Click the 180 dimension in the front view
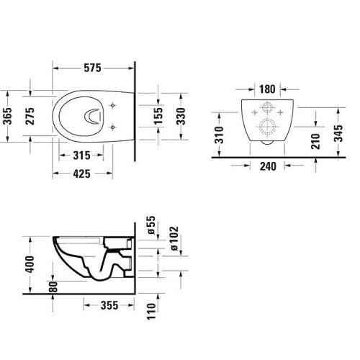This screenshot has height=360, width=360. (x=267, y=90)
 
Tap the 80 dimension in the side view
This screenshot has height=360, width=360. (x=53, y=285)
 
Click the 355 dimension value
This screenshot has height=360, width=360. (x=110, y=306)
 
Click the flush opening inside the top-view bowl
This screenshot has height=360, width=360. (x=91, y=116)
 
